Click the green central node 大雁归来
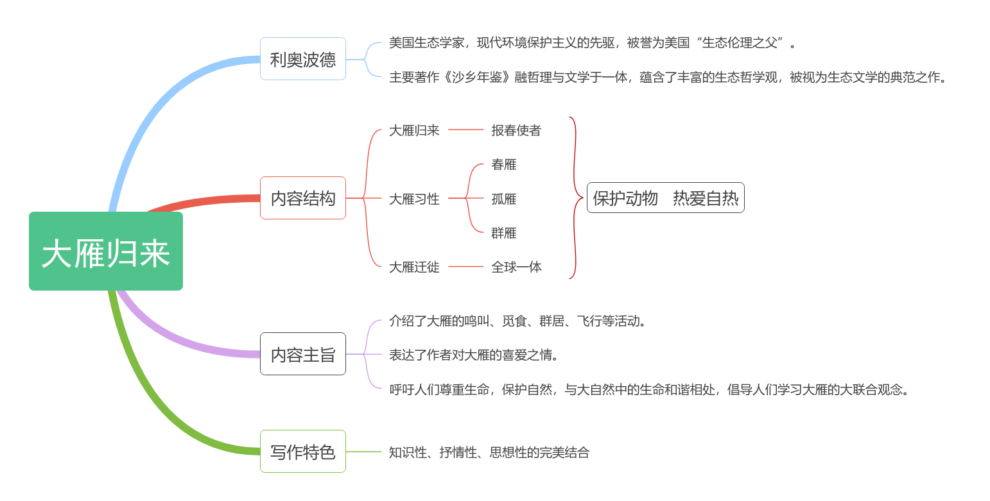pos(106,251)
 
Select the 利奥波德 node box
pos(303,59)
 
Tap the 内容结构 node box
pos(303,198)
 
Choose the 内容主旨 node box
pos(303,354)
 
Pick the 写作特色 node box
pos(303,452)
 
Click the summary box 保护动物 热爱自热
pos(666,198)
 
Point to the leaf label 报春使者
pos(516,130)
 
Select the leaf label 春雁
pos(504,164)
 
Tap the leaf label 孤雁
pos(504,199)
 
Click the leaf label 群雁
pos(504,233)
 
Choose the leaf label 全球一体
pos(516,267)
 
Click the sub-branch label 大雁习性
pos(414,199)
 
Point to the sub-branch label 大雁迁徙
pos(414,267)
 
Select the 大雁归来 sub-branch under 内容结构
pos(414,130)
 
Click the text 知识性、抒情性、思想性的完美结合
pos(489,452)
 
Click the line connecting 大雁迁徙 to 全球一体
pos(466,267)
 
